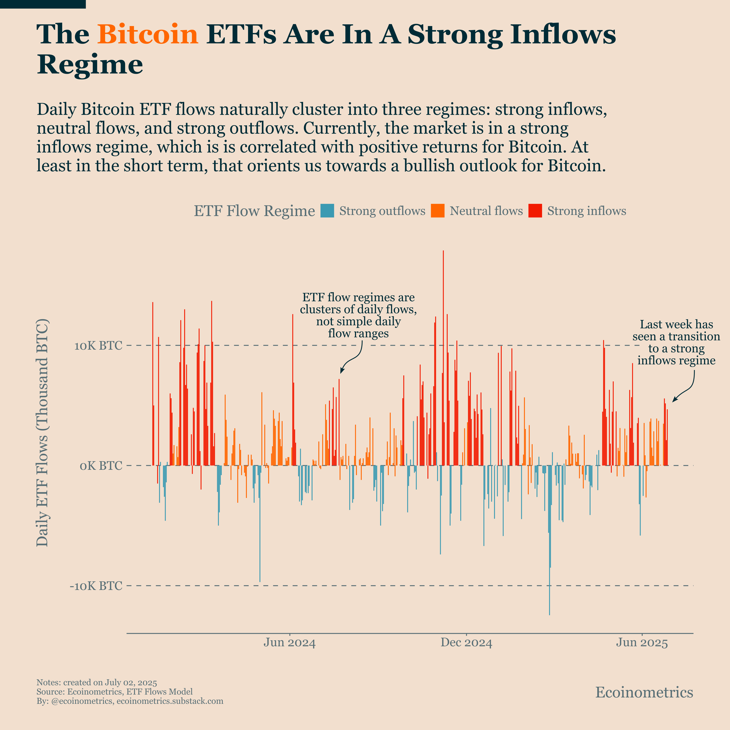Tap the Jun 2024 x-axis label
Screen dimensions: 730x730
(289, 643)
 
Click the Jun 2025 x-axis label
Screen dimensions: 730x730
(642, 643)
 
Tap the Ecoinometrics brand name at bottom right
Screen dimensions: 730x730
(644, 692)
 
